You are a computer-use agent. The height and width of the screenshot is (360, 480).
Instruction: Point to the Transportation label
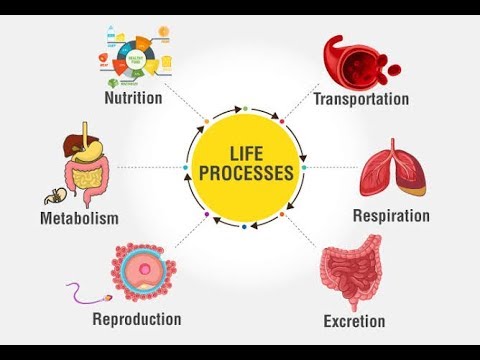pyautogui.click(x=361, y=99)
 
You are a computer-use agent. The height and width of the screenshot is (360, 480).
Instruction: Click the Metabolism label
pyautogui.click(x=79, y=217)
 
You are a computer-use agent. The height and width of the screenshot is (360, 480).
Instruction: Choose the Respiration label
pyautogui.click(x=391, y=215)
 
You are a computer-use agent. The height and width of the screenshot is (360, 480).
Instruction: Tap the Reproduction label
pyautogui.click(x=136, y=319)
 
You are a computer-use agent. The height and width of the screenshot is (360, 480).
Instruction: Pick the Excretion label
pyautogui.click(x=355, y=321)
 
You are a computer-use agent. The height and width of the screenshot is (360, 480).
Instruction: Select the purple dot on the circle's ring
pyautogui.click(x=204, y=213)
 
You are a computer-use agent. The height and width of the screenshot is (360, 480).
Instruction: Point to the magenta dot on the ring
pyautogui.click(x=283, y=122)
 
